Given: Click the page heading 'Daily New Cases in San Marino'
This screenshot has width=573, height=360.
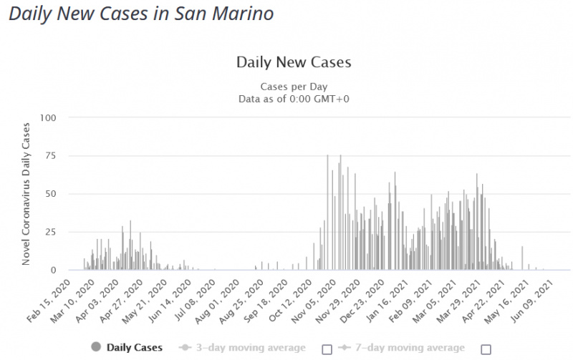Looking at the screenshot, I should coord(141,14).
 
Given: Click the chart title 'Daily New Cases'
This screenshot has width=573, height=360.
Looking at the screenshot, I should coord(294,62).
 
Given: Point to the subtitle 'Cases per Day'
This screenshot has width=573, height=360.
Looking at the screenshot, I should coord(294,87).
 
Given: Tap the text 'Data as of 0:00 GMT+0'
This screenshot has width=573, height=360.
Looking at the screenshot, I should coord(294,99).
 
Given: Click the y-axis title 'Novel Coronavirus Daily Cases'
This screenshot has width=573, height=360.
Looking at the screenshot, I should coord(27,194).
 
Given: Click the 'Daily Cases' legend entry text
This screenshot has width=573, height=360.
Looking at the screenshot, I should coord(135,348).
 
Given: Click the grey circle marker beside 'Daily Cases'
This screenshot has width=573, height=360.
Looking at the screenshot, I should coord(96,348).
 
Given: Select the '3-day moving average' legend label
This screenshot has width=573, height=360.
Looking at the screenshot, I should coord(246,348).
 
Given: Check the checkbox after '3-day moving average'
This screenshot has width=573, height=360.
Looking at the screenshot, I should coord(327,349).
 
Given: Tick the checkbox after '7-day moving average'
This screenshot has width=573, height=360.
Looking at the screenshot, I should coord(486,349).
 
